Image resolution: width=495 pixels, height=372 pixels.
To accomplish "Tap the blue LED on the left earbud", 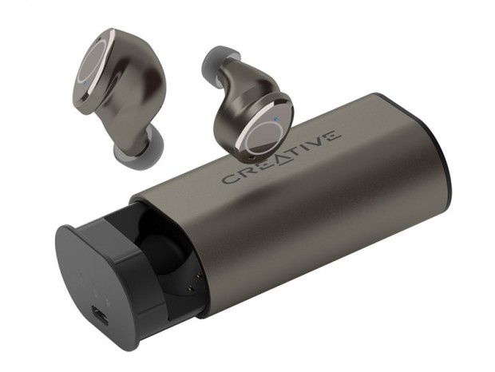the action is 84,83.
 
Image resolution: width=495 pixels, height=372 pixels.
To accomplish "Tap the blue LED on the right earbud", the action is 276,120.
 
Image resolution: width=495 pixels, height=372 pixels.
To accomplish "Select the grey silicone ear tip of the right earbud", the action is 218,64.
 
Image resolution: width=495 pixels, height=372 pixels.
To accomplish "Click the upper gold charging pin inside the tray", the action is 199,275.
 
